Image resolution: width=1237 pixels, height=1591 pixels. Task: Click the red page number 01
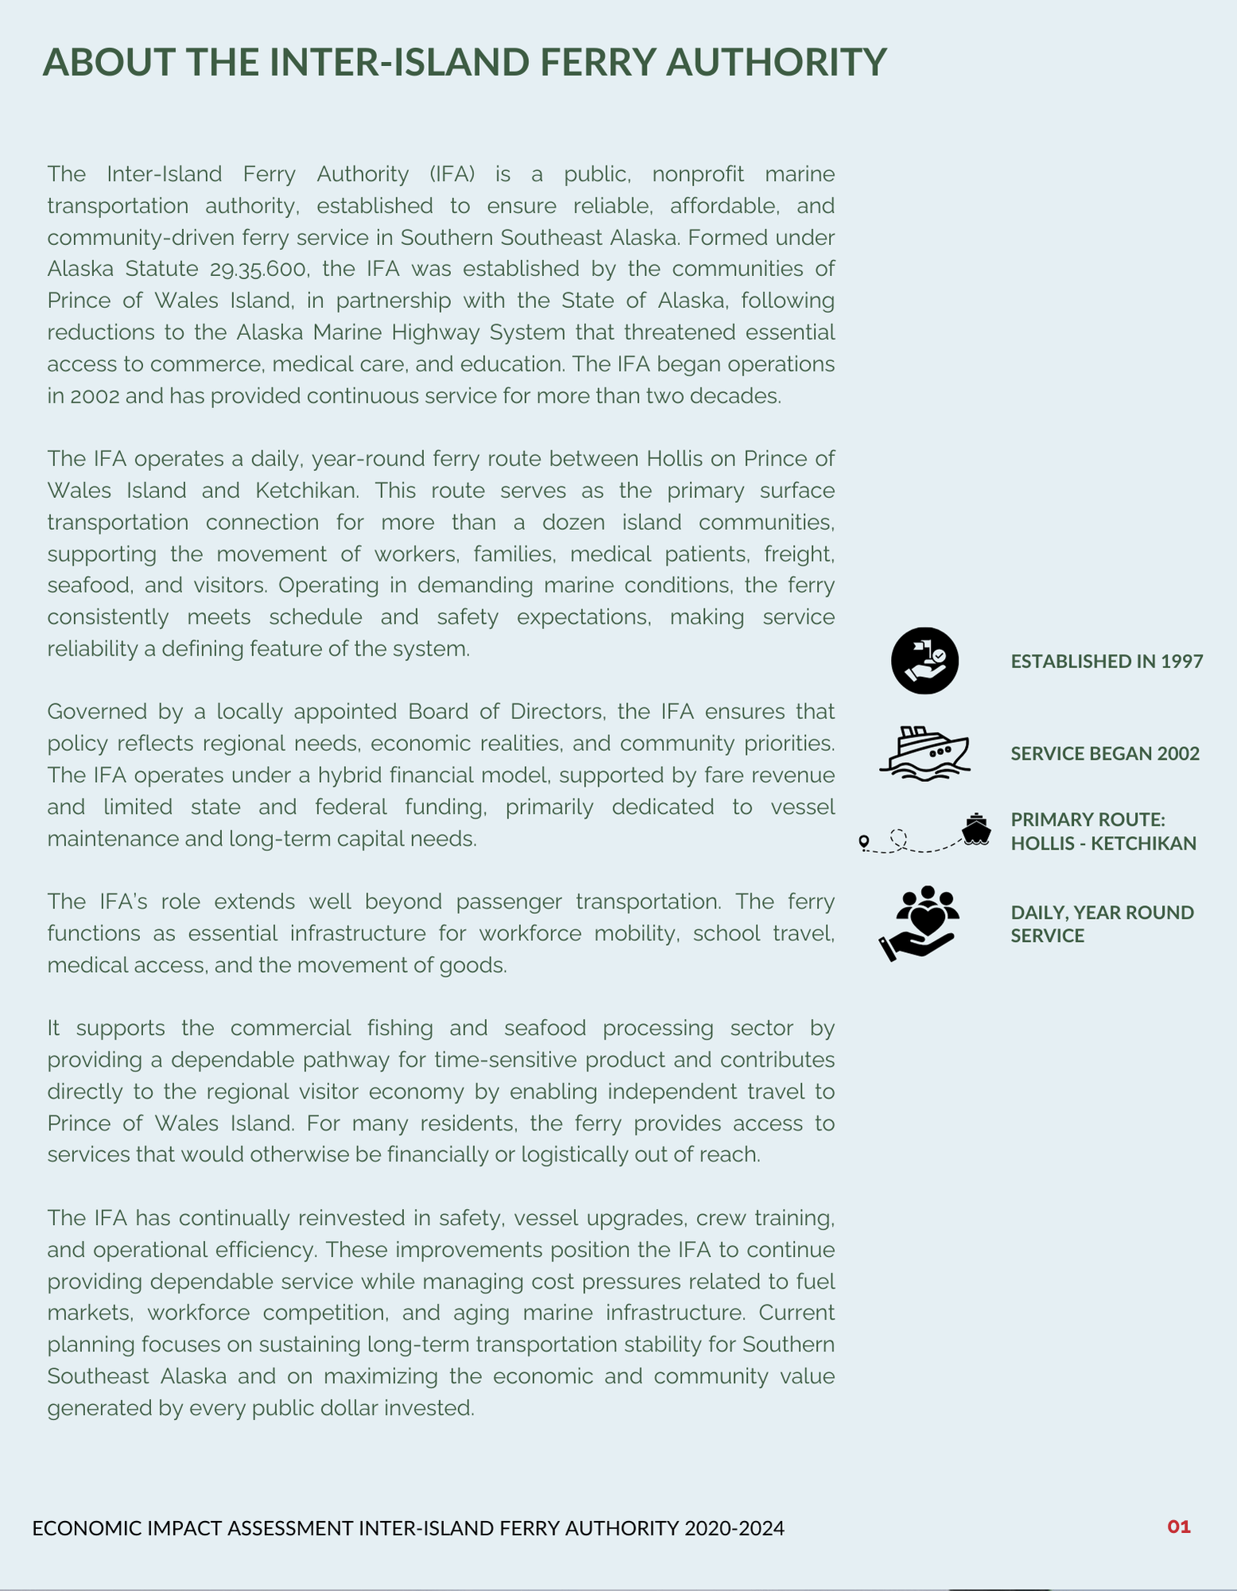pyautogui.click(x=1178, y=1527)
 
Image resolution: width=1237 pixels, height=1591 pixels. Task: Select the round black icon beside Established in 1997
pyautogui.click(x=924, y=661)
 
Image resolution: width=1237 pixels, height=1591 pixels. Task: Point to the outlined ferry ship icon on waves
pyautogui.click(x=924, y=753)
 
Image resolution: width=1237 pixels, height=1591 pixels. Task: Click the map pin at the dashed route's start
pyautogui.click(x=864, y=842)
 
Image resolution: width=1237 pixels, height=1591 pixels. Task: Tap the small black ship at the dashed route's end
pyautogui.click(x=976, y=830)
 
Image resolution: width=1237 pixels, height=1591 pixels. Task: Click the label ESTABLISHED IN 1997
pyautogui.click(x=1107, y=661)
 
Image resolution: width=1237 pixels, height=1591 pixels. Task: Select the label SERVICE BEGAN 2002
pyautogui.click(x=1105, y=753)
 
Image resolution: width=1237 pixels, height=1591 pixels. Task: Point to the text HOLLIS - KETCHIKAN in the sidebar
pyautogui.click(x=1103, y=843)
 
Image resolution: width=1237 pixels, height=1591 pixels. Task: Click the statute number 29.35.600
pyautogui.click(x=259, y=269)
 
